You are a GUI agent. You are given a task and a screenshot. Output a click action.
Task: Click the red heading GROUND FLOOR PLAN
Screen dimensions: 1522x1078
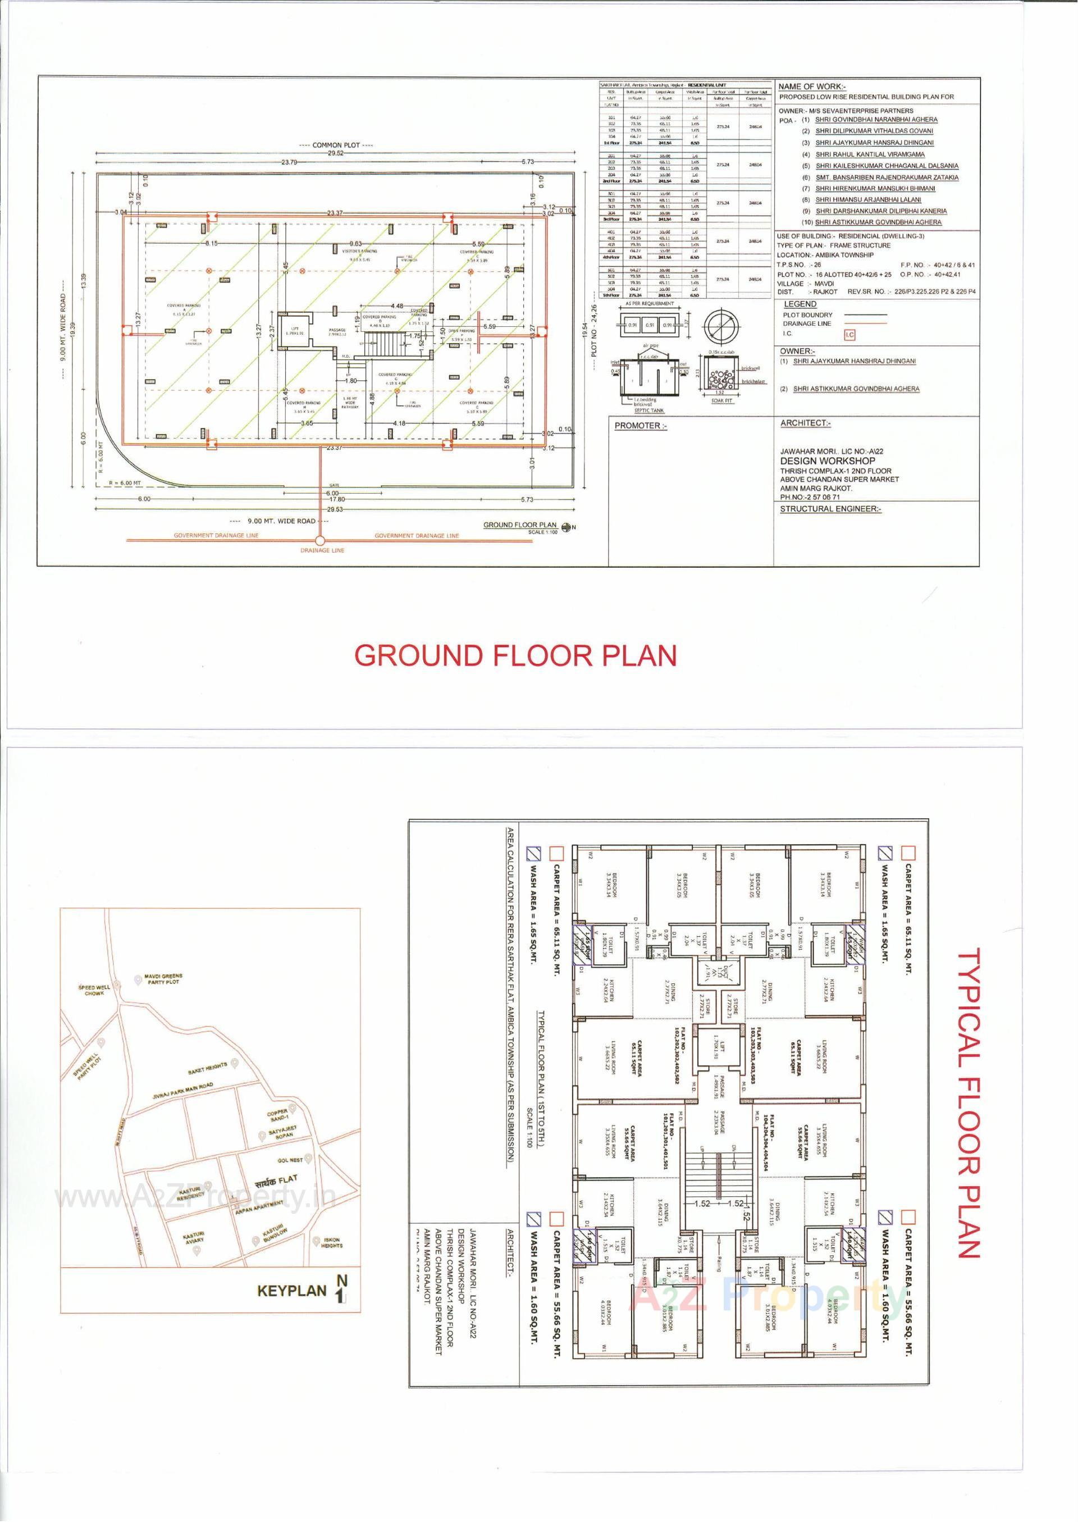tap(515, 655)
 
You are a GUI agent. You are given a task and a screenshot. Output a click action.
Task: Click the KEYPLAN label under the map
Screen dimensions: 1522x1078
tap(292, 1291)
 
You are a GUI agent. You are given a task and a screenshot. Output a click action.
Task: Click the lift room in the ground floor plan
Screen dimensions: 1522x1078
tap(293, 332)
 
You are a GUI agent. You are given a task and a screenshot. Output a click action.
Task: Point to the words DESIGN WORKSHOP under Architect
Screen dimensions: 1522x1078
tap(827, 460)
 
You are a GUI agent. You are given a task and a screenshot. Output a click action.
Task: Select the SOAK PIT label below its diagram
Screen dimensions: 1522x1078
tap(721, 402)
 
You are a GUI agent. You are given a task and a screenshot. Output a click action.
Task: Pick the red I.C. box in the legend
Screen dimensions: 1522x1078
tap(849, 335)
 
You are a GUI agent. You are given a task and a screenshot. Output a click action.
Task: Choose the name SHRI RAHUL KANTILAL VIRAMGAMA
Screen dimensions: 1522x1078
tap(870, 154)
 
